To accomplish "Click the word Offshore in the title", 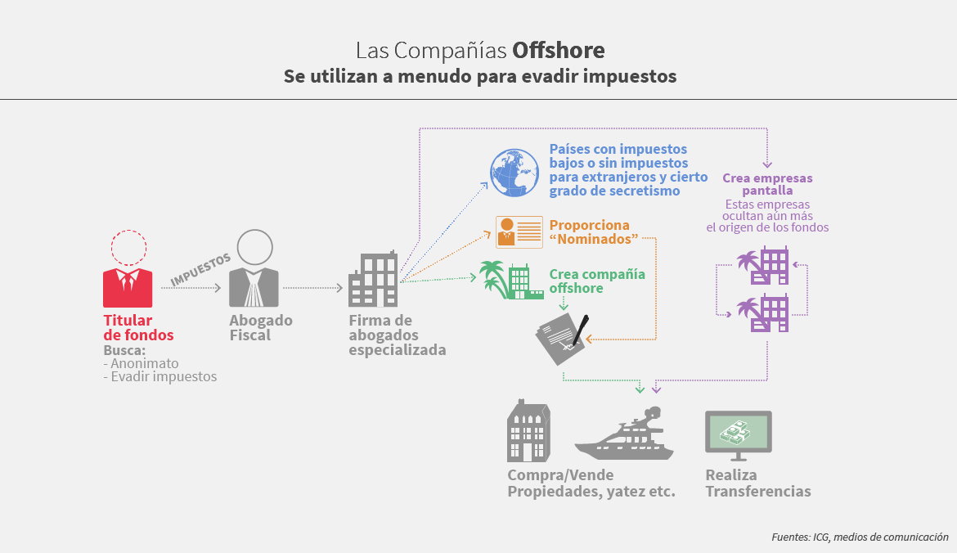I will point(559,51).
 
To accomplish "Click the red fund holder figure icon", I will point(128,270).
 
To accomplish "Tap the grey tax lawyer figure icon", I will point(254,269).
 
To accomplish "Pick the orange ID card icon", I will point(519,232).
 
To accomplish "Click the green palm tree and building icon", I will point(510,280).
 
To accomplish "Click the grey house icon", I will point(530,433).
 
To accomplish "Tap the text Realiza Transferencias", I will point(757,483).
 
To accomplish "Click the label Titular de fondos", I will point(138,327).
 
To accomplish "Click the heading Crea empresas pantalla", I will point(767,184).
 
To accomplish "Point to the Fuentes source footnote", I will point(859,537).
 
